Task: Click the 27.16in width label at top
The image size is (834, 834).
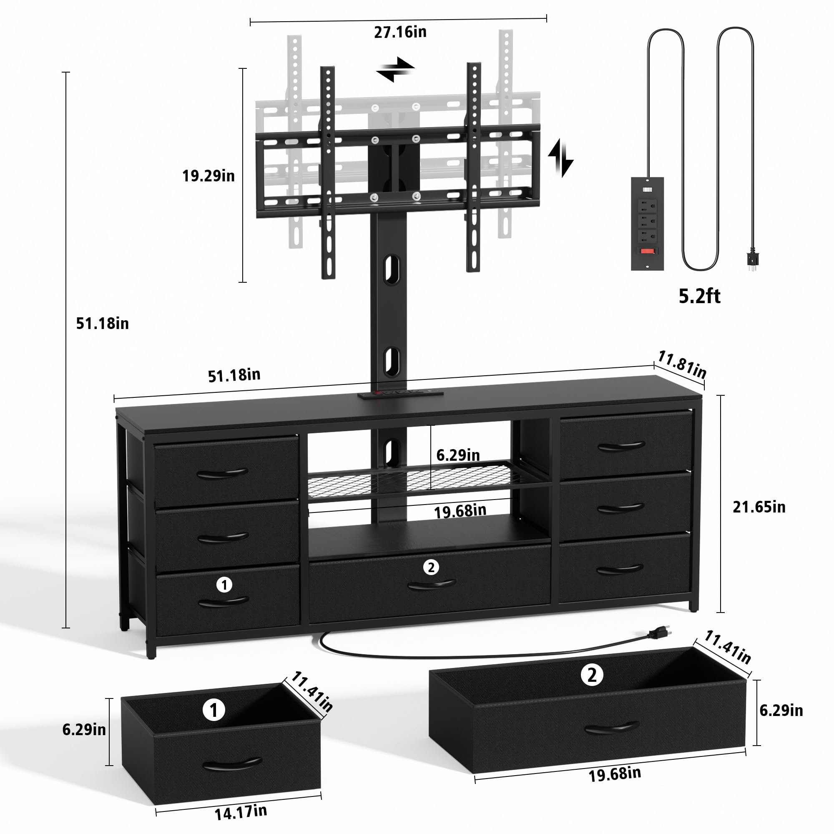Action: click(400, 33)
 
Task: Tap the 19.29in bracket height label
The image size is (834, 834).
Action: click(208, 176)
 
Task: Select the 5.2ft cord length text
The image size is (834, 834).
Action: click(699, 296)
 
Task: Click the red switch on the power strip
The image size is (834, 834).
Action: click(647, 251)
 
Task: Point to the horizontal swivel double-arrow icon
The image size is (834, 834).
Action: click(395, 69)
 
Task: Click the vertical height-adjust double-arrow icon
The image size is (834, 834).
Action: click(560, 158)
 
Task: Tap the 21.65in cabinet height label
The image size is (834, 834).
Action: click(759, 507)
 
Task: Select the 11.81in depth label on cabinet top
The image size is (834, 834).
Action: click(681, 365)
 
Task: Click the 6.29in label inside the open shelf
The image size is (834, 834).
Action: click(457, 455)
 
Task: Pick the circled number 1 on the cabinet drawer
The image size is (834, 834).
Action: click(224, 585)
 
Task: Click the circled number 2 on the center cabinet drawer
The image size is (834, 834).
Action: click(430, 567)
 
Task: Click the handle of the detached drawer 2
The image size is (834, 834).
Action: click(612, 728)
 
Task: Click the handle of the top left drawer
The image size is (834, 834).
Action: click(222, 474)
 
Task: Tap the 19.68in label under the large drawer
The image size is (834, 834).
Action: click(614, 774)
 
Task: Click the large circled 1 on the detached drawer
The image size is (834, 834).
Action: click(214, 710)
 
